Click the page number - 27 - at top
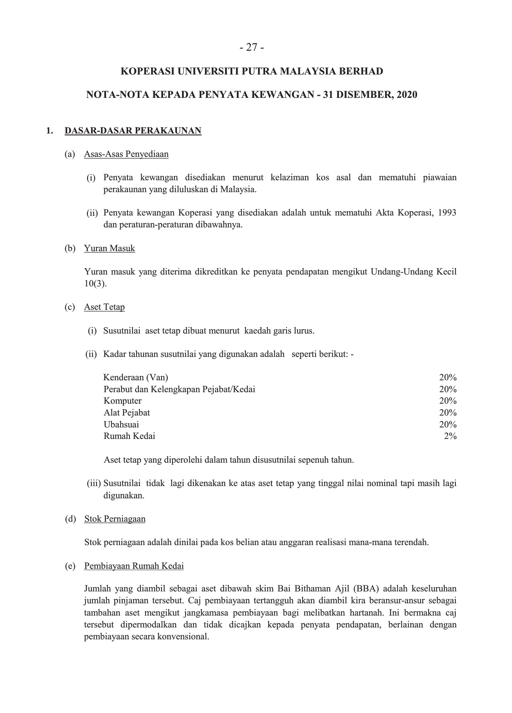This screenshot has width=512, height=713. [252, 48]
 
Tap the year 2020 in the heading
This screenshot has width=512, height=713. [406, 95]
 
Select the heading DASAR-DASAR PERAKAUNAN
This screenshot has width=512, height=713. [133, 131]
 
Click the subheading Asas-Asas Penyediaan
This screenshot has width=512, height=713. [126, 154]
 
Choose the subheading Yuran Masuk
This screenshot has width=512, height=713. [110, 248]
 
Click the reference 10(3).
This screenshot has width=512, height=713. [95, 284]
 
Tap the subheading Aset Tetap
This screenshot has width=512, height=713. [104, 307]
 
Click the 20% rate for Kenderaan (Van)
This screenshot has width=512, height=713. [448, 377]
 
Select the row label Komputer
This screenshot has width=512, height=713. [123, 400]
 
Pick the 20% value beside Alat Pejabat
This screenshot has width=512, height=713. [448, 412]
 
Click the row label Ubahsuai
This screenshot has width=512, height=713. [121, 424]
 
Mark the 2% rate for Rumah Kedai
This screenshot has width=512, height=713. [450, 436]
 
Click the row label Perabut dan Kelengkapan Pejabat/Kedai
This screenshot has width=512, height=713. [179, 389]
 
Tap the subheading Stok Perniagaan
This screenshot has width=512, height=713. [115, 519]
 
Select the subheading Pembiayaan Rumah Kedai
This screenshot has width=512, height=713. [134, 566]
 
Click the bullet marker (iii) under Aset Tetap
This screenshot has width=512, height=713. [94, 484]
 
